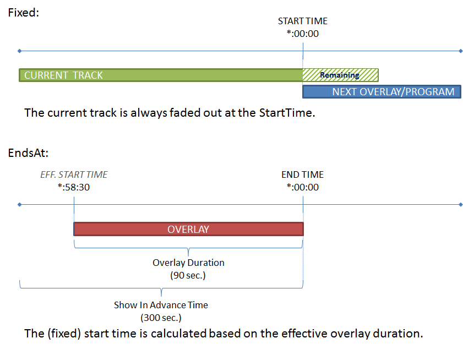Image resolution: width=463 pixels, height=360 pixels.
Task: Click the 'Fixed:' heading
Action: tap(23, 12)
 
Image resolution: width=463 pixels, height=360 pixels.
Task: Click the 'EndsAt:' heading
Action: tap(28, 152)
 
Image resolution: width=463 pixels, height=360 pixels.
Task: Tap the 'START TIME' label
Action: tap(302, 21)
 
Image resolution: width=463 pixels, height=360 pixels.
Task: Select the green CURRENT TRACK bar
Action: tap(160, 75)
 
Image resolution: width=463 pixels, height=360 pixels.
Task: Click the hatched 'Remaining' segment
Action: tap(340, 75)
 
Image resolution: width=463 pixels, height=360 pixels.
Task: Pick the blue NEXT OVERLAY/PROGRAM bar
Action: tap(382, 92)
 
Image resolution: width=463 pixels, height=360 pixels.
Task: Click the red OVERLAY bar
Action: tap(188, 229)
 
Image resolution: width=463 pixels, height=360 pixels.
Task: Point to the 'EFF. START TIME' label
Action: tap(74, 174)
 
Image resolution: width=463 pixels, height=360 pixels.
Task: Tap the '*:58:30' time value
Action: tap(74, 187)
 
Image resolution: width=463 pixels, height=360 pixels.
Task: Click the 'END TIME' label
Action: tap(302, 174)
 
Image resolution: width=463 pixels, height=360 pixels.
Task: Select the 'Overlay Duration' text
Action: tap(188, 263)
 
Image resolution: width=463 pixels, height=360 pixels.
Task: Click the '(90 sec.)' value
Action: tap(188, 275)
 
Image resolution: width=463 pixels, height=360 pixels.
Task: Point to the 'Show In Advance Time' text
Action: tap(161, 305)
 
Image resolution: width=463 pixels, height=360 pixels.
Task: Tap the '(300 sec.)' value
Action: tap(161, 318)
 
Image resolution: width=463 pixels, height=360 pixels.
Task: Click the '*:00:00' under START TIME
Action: tap(302, 34)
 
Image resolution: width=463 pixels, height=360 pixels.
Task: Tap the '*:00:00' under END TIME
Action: tap(302, 187)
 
